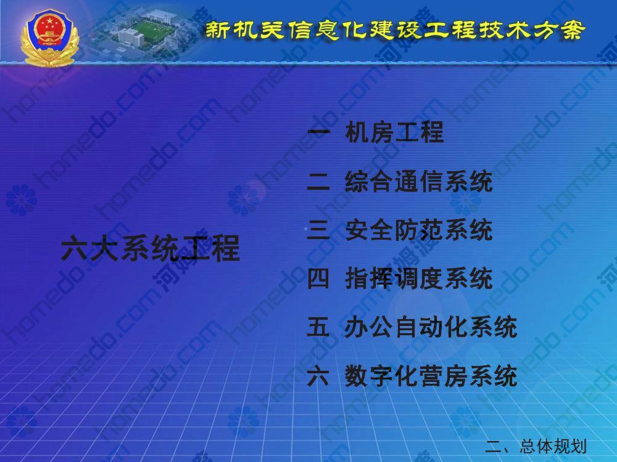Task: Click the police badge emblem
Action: pos(50,38)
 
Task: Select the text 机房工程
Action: pos(395,132)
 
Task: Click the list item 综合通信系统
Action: pos(419,182)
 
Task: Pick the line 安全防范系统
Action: pos(419,230)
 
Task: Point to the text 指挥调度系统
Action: pos(419,278)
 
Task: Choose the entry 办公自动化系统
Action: pos(431,327)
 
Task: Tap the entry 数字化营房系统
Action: pos(431,376)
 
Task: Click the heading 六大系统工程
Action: pos(151,248)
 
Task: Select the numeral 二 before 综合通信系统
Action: pos(318,182)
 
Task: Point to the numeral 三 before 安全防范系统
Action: pos(318,230)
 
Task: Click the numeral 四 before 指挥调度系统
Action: pos(318,278)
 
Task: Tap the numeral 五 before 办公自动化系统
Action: pos(318,327)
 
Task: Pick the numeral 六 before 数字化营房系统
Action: pos(318,376)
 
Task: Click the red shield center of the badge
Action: pos(50,28)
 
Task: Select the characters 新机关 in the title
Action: pos(244,30)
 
